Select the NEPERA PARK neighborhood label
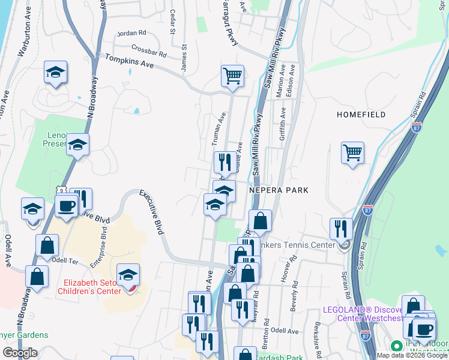(x=279, y=190)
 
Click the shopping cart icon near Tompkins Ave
(x=232, y=76)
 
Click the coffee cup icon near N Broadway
(x=66, y=206)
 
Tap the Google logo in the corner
(x=20, y=353)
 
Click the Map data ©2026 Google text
(x=412, y=355)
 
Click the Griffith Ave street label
(x=282, y=130)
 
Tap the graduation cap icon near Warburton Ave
(x=55, y=73)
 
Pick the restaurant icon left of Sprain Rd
(x=341, y=229)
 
